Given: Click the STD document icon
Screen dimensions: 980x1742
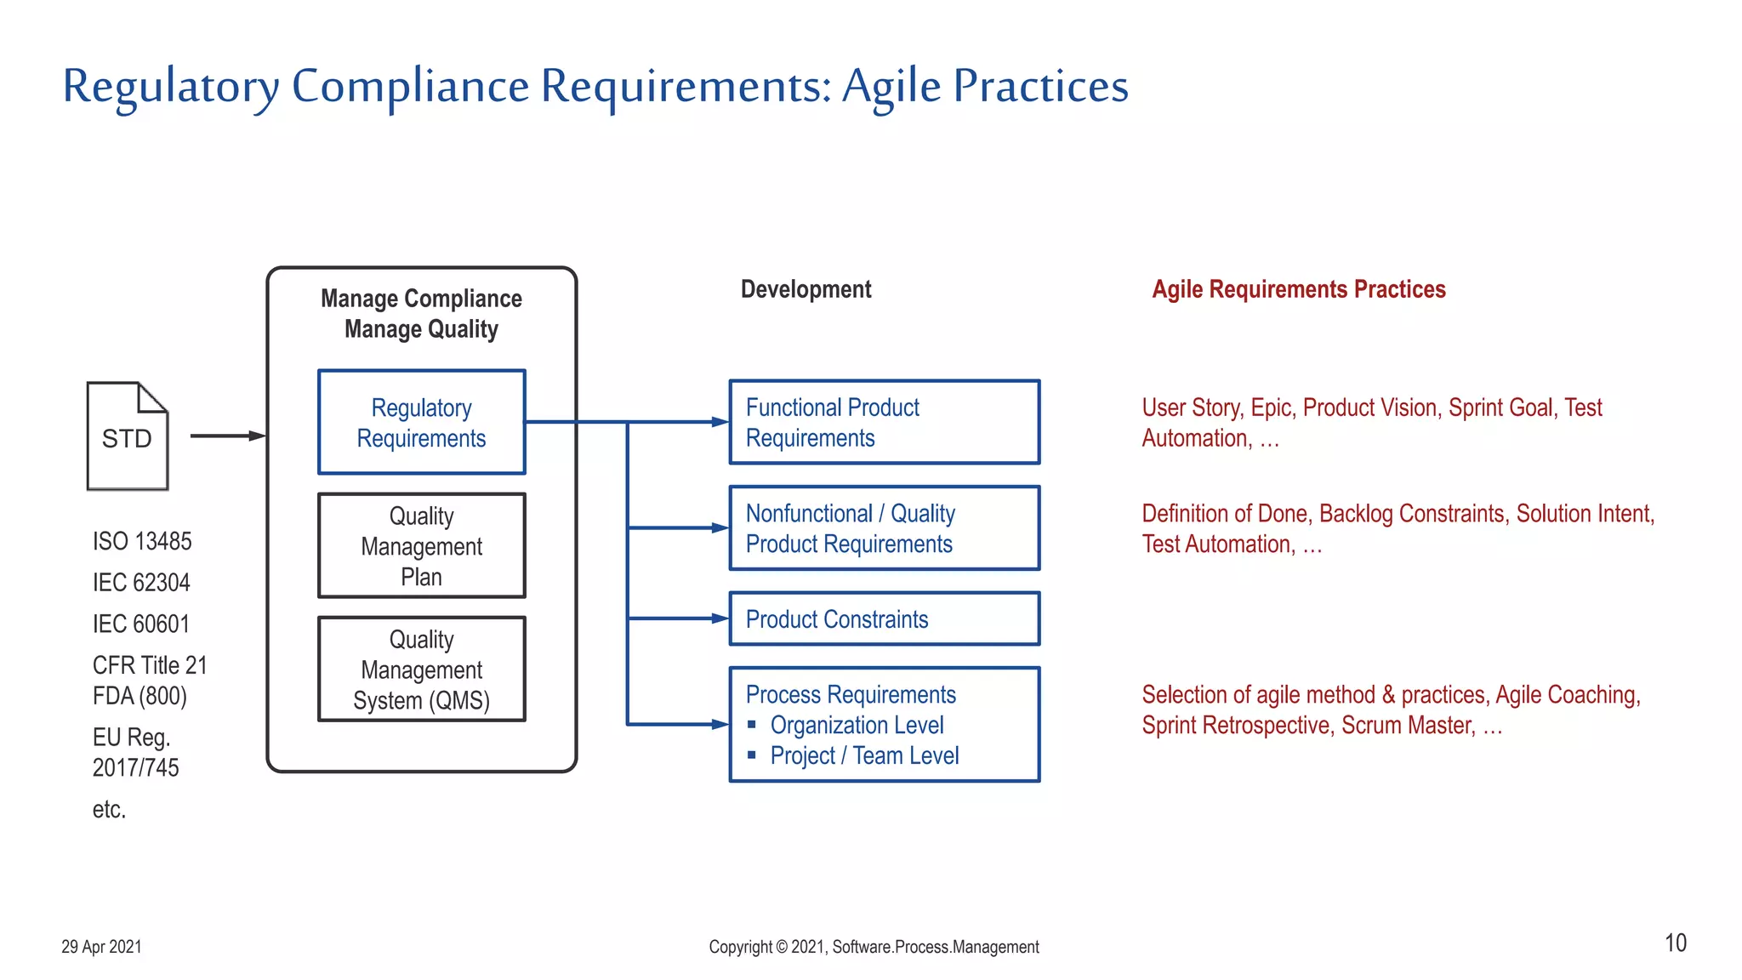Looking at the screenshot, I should (128, 436).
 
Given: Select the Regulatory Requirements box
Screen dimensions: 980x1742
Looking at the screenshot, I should (421, 422).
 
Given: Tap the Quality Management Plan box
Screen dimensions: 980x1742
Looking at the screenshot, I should (421, 545).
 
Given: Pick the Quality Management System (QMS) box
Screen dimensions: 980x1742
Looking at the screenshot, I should (421, 669).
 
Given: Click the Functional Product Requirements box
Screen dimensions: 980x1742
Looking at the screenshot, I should (884, 422).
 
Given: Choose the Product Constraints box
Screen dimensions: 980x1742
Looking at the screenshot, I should (884, 618).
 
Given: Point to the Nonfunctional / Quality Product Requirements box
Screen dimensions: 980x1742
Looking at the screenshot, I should (884, 527).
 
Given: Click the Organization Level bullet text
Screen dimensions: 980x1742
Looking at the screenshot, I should (857, 725).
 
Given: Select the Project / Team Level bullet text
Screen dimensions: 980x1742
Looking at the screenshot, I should (864, 755).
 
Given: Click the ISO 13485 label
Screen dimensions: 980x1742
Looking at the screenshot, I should (142, 541).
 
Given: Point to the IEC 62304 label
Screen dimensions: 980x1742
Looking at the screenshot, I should (141, 583).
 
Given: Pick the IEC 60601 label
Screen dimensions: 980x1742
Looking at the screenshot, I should (141, 624).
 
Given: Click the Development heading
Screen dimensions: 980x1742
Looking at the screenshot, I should (806, 289).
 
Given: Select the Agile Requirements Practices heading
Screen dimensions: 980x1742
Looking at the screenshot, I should (1298, 289).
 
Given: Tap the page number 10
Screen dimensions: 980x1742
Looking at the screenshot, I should (1675, 943).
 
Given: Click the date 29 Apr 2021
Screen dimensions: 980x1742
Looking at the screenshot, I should (101, 947).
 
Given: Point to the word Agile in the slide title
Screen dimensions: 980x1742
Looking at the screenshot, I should (891, 87).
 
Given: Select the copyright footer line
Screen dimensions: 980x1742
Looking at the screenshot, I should (874, 947).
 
